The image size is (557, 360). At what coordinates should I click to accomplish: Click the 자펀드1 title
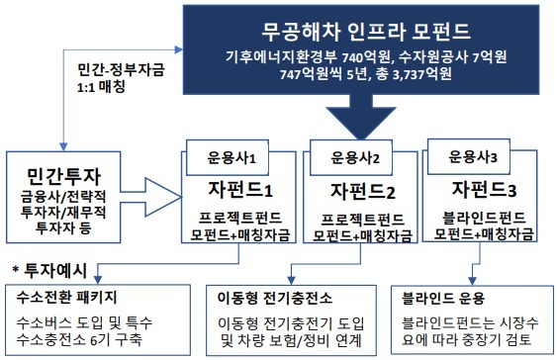click(x=234, y=188)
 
